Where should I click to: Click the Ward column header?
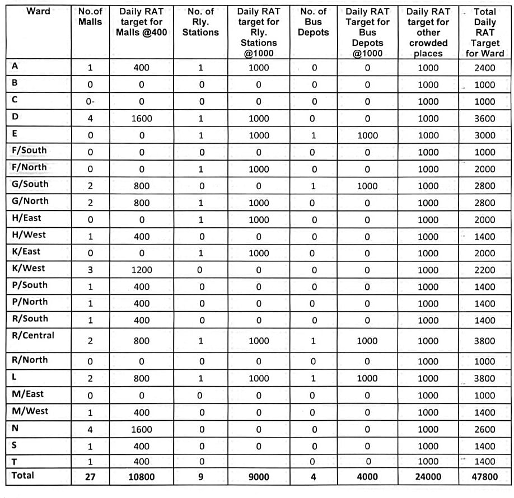tap(38, 11)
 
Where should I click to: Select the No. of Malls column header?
tap(90, 16)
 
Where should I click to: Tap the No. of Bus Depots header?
tap(314, 21)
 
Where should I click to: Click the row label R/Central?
tap(33, 336)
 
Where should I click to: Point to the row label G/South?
tap(30, 184)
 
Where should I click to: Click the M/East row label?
tap(27, 394)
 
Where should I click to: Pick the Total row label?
tap(23, 476)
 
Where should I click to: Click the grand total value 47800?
tap(484, 477)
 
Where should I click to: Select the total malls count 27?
tap(90, 477)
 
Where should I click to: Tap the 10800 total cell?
tap(141, 477)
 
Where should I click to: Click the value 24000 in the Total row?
tap(428, 477)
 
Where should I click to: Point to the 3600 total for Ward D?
tap(484, 119)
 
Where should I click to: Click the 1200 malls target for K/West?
tap(141, 270)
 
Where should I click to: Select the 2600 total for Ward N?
tap(484, 429)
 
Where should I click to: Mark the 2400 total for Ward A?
tap(484, 68)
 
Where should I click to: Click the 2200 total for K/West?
tap(484, 270)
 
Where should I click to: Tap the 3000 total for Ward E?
tap(484, 135)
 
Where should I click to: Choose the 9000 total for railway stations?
tap(258, 477)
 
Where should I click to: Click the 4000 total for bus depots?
tap(367, 477)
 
